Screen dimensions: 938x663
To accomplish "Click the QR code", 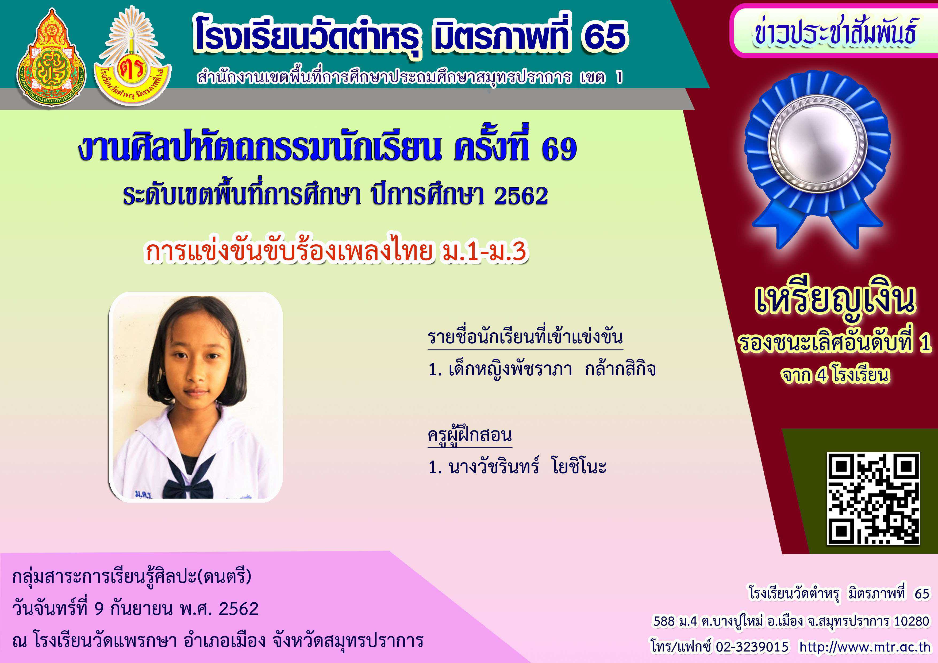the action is [x=874, y=499].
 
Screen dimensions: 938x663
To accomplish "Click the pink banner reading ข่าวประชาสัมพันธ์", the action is [x=833, y=31].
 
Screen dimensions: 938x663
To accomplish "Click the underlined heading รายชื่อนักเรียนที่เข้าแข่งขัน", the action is [x=525, y=338].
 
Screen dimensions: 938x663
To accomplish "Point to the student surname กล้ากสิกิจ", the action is [x=620, y=369].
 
